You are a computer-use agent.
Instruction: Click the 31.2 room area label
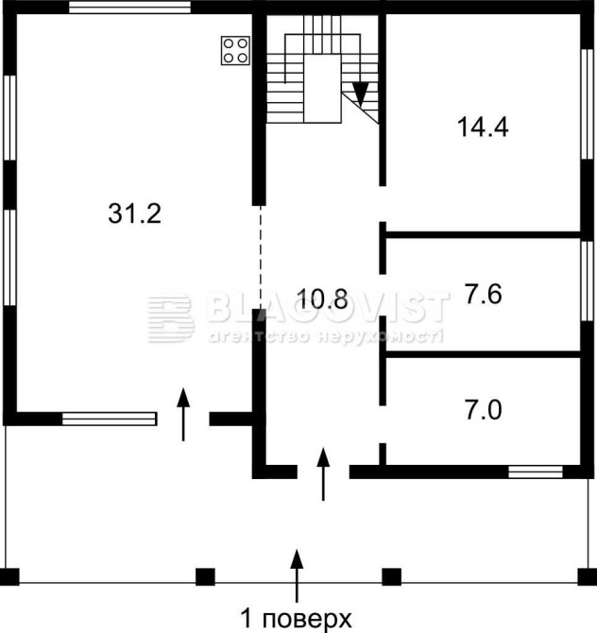134,214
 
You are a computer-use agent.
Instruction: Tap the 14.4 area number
483,127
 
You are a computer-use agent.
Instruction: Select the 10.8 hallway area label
322,299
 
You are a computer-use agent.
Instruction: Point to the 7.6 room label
483,294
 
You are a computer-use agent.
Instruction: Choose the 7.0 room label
483,410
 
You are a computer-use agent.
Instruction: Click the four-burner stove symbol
235,50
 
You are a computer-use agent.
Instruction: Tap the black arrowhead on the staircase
361,94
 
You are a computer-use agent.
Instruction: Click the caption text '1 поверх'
297,618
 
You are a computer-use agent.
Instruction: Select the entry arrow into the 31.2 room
183,415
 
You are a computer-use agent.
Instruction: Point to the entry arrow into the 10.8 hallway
323,474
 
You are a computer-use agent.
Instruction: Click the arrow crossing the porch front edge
298,575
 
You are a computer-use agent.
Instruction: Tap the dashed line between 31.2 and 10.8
261,257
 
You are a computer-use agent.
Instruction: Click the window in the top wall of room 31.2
129,7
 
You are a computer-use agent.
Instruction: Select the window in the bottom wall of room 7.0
536,472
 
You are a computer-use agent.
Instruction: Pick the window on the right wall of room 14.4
587,105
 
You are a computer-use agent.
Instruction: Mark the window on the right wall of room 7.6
587,281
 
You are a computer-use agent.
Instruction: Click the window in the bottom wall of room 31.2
109,419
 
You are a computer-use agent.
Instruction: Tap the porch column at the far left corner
9,576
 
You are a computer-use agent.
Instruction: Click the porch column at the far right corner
588,576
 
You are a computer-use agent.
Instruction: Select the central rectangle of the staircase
322,89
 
